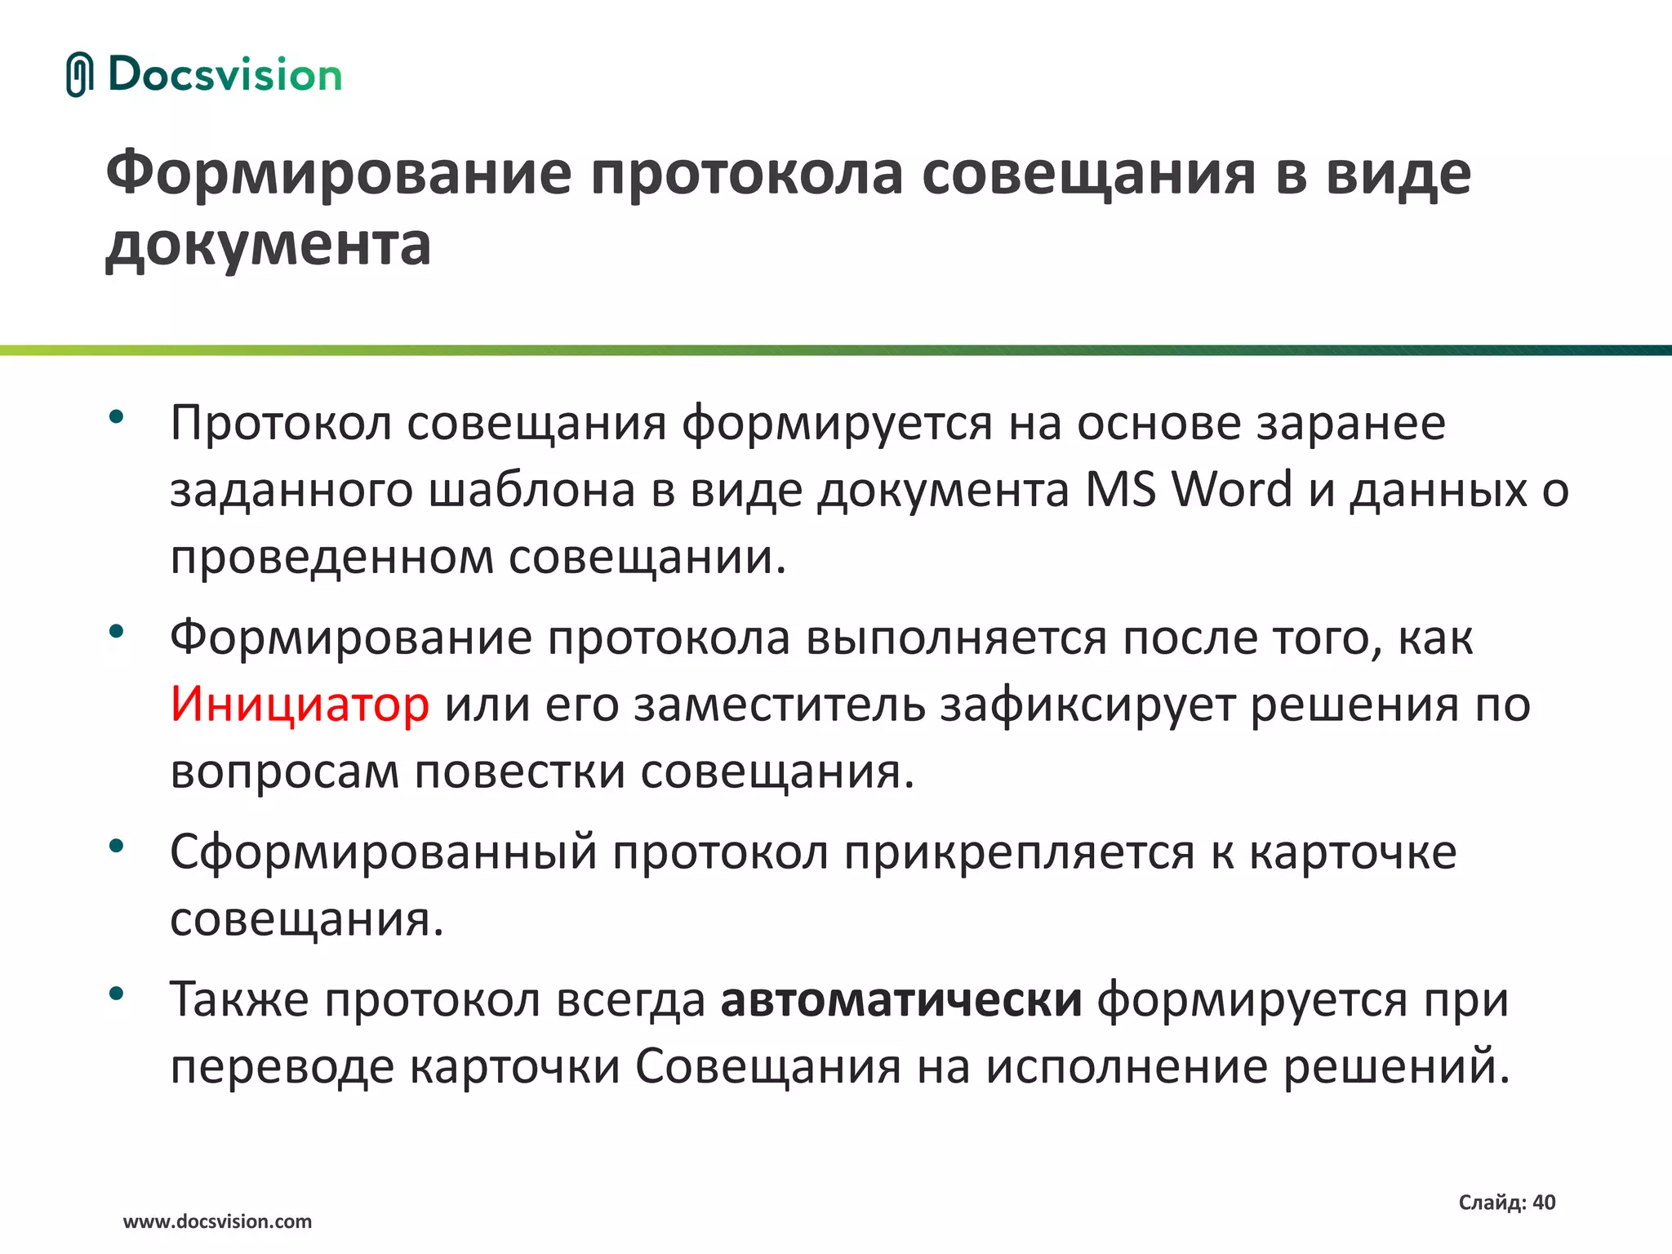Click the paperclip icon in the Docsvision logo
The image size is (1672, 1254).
(79, 75)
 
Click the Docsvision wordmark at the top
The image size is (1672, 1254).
(225, 75)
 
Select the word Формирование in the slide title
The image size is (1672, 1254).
(339, 173)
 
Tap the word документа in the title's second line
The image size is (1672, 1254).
(268, 244)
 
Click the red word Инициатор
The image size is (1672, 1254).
(300, 704)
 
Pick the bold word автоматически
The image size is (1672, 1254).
(901, 999)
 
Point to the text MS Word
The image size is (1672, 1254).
(1189, 490)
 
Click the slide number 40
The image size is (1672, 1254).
(1544, 1202)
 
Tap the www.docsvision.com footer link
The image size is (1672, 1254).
(217, 1221)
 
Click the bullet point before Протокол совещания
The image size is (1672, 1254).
(116, 416)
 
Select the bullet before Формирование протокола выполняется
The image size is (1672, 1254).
(116, 630)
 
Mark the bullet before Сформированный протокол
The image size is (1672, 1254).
(116, 845)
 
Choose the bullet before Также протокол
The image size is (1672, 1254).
(116, 993)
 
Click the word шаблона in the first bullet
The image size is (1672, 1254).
(531, 490)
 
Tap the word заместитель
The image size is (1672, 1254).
(780, 704)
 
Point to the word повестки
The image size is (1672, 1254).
(520, 772)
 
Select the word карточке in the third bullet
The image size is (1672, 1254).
(1353, 852)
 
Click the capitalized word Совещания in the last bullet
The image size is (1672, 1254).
(768, 1066)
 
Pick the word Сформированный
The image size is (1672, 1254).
(384, 852)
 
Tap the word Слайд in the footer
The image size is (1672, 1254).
(1491, 1202)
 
